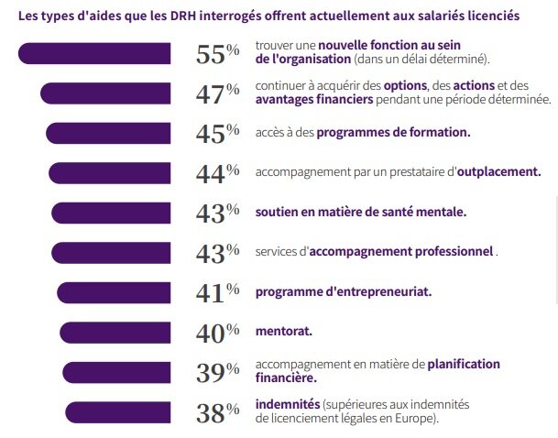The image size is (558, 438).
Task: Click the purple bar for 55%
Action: click(x=95, y=54)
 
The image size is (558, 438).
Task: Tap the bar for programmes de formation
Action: click(x=109, y=133)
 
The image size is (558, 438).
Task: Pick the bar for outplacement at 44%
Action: click(x=110, y=172)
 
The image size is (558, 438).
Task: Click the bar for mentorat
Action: click(x=115, y=332)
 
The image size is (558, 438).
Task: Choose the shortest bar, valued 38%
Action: click(x=118, y=412)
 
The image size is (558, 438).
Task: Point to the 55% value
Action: click(x=217, y=55)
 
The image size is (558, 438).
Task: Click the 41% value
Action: click(x=217, y=292)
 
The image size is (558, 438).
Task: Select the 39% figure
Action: click(x=217, y=372)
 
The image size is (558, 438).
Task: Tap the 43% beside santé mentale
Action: click(x=217, y=213)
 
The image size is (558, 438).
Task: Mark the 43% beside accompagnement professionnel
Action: click(x=217, y=253)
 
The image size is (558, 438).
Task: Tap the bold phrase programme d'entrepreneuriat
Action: click(x=344, y=291)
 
